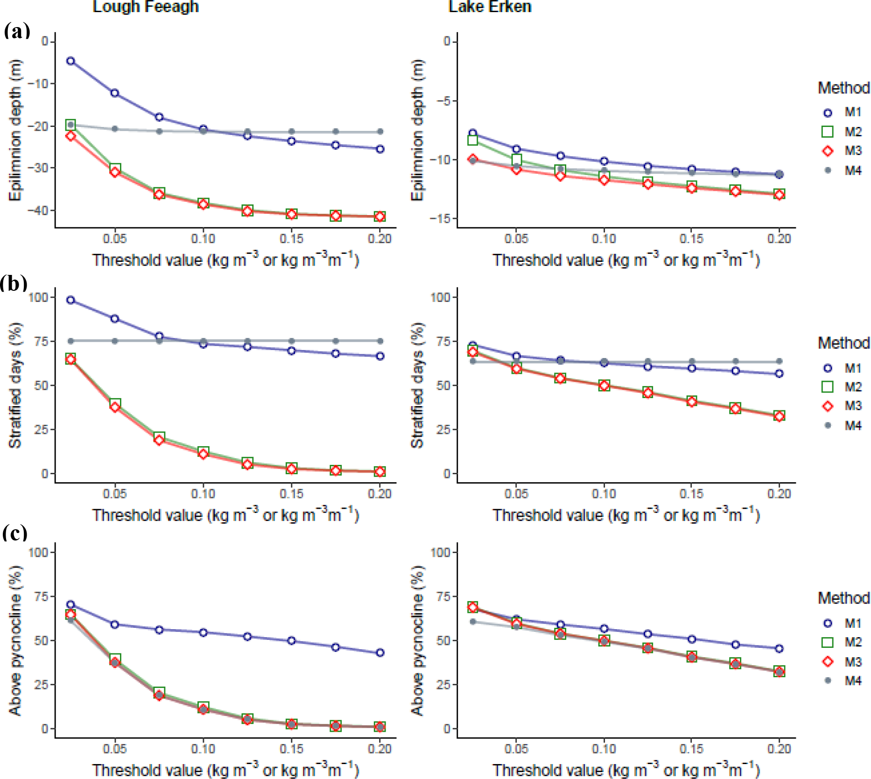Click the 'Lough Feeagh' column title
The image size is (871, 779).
coord(146,7)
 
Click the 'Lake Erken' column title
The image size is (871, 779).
coord(490,7)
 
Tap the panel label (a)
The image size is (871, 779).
coord(17,31)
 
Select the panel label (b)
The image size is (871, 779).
coord(14,283)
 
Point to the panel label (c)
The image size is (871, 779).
coord(15,533)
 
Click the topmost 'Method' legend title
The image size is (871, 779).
coord(843,88)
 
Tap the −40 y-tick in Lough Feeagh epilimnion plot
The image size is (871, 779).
coord(38,211)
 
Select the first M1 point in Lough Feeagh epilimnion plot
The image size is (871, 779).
coord(70,61)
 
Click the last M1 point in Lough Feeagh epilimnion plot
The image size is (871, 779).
coord(380,149)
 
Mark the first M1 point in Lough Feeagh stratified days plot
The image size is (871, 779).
coord(70,300)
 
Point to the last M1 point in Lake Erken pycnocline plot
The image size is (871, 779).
coord(779,648)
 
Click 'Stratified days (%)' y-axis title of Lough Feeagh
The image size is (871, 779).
coord(15,385)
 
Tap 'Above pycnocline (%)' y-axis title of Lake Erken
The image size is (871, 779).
coord(417,640)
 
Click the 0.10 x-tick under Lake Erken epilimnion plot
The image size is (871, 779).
coord(604,239)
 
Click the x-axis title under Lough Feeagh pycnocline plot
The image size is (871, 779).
coord(225,769)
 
